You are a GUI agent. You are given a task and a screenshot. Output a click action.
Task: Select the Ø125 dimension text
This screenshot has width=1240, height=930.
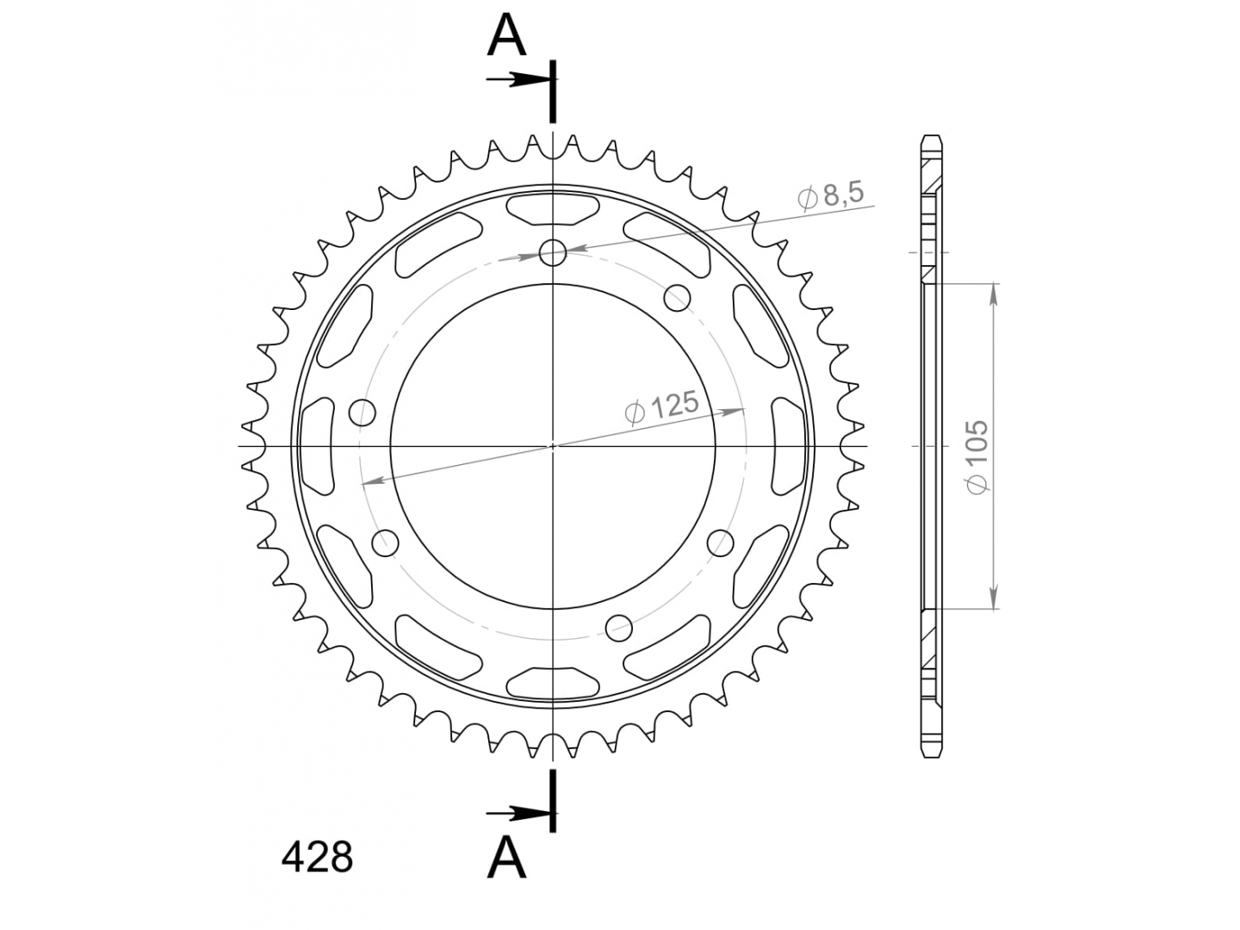point(662,406)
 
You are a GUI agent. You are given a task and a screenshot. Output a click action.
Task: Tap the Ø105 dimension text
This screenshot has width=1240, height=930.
point(976,456)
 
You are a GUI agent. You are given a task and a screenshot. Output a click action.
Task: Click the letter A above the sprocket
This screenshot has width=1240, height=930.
point(506,36)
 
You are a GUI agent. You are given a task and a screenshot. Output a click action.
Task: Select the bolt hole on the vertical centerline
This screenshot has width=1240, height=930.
point(553,252)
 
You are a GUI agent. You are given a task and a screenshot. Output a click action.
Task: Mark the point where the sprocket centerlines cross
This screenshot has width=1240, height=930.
point(553,446)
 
